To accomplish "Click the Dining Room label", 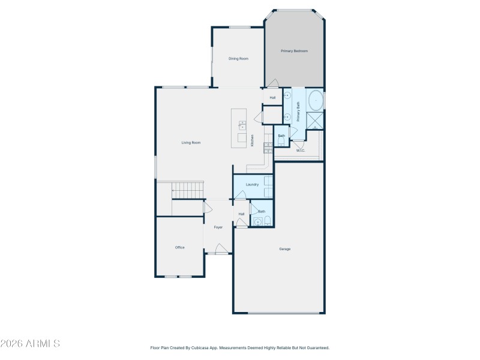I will tap(238, 59).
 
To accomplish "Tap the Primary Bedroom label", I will tap(295, 51).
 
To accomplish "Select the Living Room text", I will tap(191, 143).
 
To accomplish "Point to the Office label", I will tap(179, 247).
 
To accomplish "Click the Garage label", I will tap(284, 248).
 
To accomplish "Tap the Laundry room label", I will tap(252, 184).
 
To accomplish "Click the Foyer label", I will tap(218, 227).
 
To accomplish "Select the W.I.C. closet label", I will tap(301, 151).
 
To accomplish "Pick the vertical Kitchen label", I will tap(253, 140).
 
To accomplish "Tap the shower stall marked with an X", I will tap(315, 120).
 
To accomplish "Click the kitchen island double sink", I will tap(242, 125).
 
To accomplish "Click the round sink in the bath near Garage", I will tap(258, 222).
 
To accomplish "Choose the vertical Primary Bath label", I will tap(298, 112).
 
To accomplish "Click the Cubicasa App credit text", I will tap(239, 347).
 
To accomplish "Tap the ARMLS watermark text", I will tap(30, 344).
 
